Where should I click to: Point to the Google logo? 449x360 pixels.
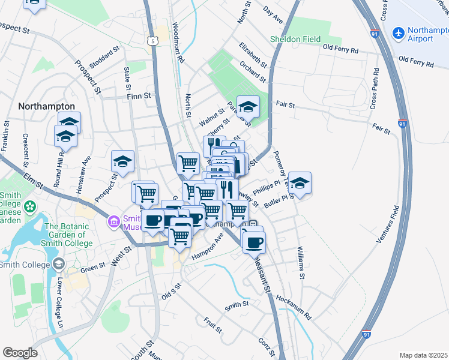click(x=20, y=352)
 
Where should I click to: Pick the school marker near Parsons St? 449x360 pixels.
click(x=248, y=107)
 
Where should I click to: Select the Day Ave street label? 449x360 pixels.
click(x=273, y=16)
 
